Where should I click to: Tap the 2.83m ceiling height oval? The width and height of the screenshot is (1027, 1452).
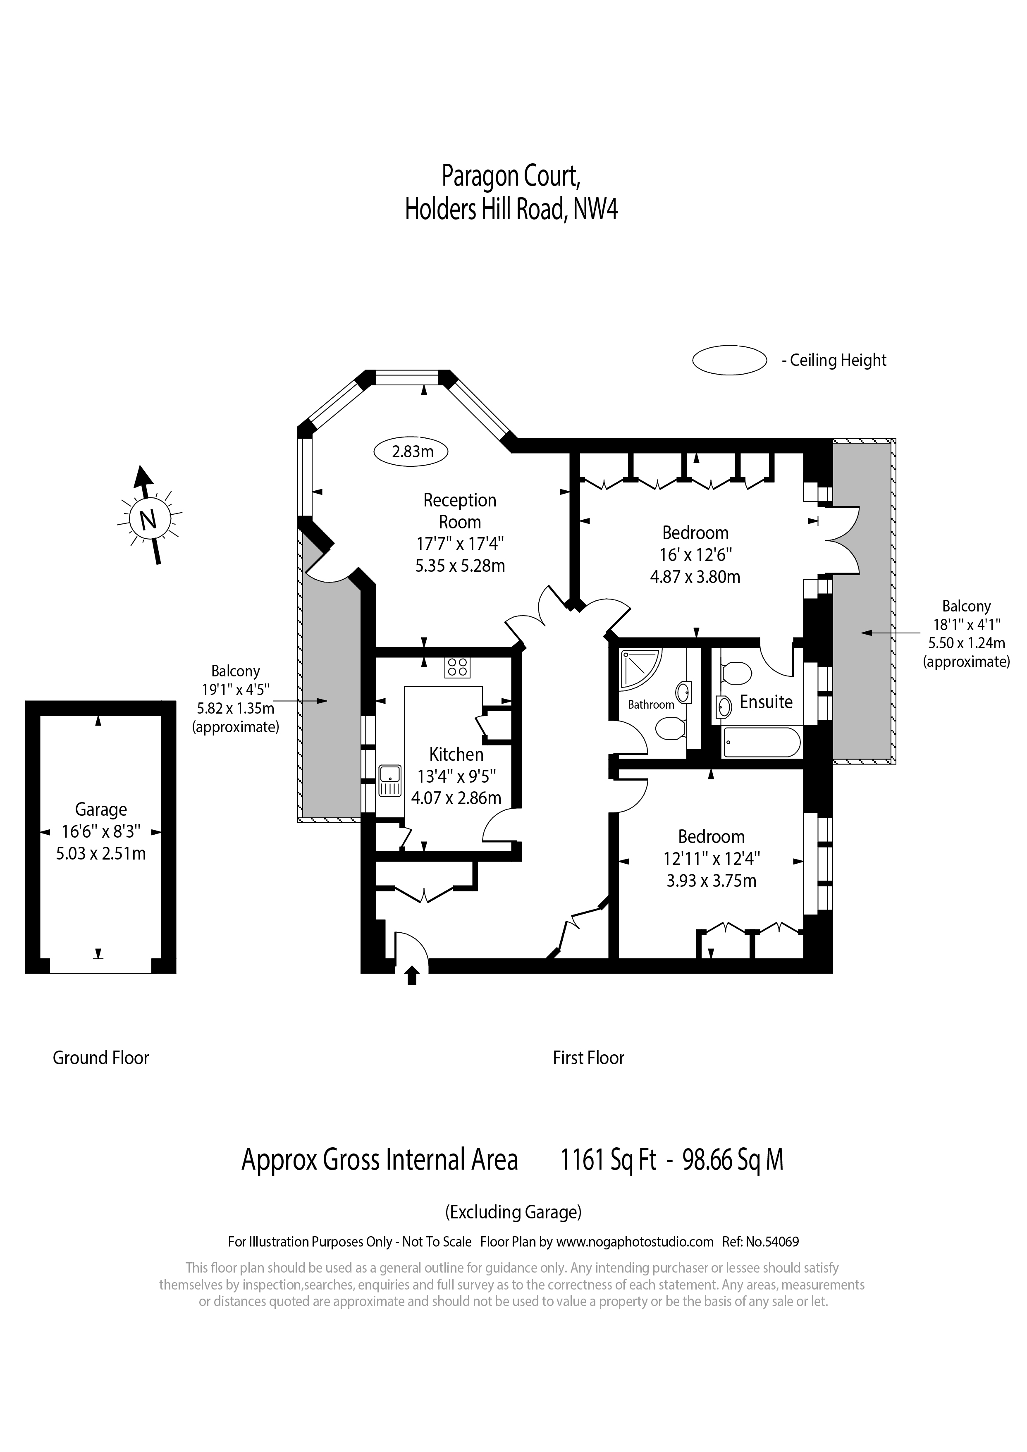tap(411, 451)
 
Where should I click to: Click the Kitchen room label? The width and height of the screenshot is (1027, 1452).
tap(456, 755)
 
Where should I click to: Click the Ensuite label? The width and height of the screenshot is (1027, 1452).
tap(766, 702)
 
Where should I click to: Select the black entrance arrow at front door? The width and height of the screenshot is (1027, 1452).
tap(412, 975)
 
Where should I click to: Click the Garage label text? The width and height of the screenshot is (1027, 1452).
tap(101, 810)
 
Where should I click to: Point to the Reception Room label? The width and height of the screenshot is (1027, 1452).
tap(460, 511)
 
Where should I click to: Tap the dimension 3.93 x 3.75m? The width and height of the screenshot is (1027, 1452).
tap(712, 881)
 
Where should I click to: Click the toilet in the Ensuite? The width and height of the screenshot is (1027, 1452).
tap(735, 672)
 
